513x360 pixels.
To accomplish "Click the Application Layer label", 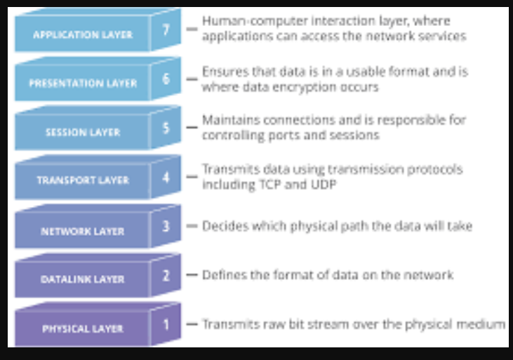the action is pos(83,34).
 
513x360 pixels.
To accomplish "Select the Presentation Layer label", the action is pos(83,83).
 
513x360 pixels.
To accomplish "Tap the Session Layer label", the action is pos(83,132).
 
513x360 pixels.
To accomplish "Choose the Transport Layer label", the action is pos(83,180).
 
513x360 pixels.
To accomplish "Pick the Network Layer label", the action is pos(83,232).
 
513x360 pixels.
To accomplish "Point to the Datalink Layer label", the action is pos(83,279).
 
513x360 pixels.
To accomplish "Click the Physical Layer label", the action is pos(83,328).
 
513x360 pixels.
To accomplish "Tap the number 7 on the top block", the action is pos(166,29).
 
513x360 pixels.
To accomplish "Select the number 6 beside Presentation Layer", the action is pos(166,79).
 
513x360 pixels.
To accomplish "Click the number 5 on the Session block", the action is pos(166,128).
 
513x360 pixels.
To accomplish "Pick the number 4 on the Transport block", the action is pos(166,178).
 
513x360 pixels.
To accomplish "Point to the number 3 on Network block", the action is pos(166,226).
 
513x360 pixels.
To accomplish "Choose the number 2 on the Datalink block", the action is pos(166,276).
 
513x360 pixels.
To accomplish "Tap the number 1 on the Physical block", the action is pos(166,324).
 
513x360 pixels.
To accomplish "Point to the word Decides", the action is pos(225,226).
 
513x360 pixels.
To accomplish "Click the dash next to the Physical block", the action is pos(192,324).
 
